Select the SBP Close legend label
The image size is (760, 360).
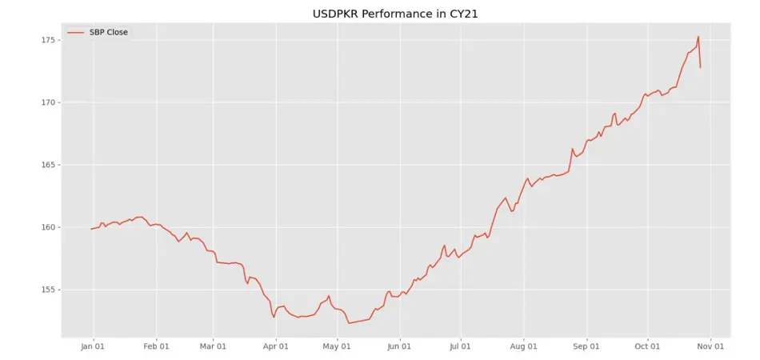108,33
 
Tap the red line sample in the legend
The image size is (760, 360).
76,33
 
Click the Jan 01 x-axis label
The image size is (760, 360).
94,346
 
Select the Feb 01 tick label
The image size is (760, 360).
156,346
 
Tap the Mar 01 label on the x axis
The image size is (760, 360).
213,346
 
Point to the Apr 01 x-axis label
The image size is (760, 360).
275,346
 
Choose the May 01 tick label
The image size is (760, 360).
336,346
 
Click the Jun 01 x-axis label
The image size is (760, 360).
398,346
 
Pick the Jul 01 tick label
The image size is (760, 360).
459,346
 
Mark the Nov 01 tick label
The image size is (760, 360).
709,346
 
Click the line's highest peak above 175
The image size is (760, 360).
698,36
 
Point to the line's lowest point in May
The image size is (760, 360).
349,323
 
